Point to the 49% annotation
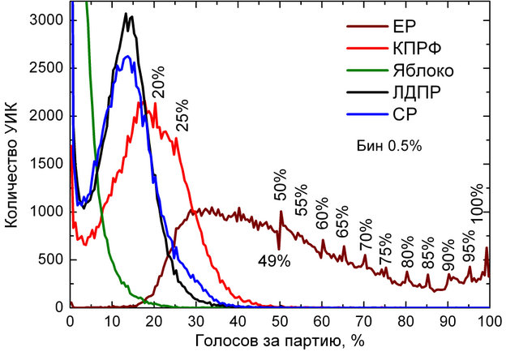(274, 261)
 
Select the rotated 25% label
(181, 117)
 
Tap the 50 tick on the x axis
(280, 320)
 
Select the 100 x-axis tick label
(487, 320)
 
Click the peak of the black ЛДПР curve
(127, 14)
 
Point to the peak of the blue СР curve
(127, 56)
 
